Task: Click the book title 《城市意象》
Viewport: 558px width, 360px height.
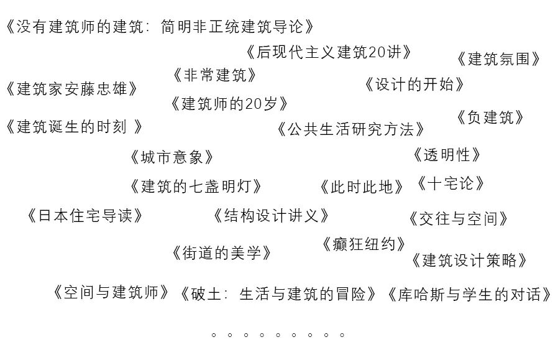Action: tap(172, 157)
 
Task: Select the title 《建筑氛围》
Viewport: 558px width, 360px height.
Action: tap(498, 59)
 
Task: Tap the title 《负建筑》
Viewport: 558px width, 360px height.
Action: tap(490, 117)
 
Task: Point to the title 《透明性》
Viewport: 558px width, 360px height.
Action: tap(447, 154)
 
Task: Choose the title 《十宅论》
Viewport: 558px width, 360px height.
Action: tap(450, 183)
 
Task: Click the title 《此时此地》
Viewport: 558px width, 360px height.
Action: tap(362, 187)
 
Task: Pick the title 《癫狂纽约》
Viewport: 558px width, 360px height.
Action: tap(364, 244)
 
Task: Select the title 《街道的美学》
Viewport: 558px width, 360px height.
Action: tap(222, 253)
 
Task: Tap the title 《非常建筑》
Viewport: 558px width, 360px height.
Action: tap(214, 75)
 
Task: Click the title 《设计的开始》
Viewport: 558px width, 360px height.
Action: tap(414, 84)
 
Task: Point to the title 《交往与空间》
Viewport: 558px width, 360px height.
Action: tap(459, 218)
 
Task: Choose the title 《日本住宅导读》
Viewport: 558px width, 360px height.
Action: tap(85, 216)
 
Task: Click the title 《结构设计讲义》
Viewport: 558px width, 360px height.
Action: tap(270, 216)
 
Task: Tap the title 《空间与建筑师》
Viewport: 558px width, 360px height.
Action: tap(111, 292)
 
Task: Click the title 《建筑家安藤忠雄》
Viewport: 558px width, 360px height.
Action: tap(71, 88)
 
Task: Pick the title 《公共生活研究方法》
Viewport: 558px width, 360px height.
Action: tap(351, 129)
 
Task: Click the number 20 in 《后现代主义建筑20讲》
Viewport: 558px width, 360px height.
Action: tap(377, 52)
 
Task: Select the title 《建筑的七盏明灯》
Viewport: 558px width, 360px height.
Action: tap(196, 186)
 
